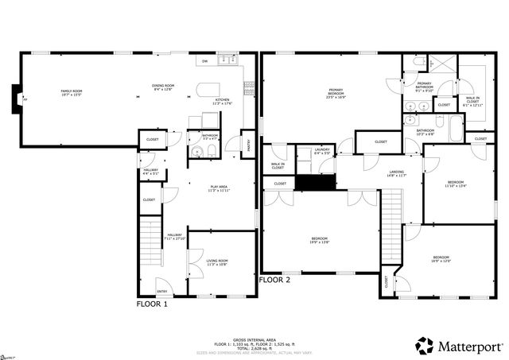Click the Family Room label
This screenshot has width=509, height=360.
coord(72,92)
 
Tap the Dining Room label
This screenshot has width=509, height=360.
coord(163,87)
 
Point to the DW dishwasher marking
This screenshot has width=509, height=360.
coord(204,60)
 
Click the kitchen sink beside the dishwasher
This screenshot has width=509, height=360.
coord(227,60)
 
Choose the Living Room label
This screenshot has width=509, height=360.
coord(217,262)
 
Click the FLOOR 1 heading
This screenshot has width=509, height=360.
coord(153,304)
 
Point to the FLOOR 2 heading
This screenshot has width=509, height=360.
coord(275,280)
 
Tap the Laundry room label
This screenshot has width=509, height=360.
coord(322,150)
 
